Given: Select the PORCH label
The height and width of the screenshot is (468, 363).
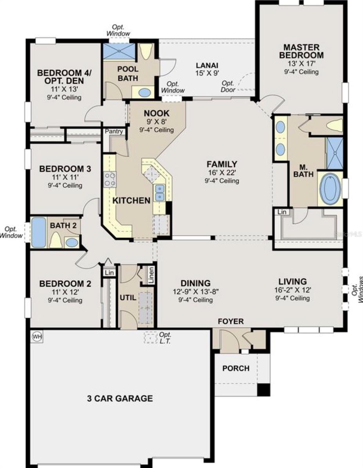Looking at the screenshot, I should tap(236, 368).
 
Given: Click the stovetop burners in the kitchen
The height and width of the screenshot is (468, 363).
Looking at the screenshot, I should tap(110, 179).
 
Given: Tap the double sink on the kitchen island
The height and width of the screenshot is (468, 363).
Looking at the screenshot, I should tap(159, 193).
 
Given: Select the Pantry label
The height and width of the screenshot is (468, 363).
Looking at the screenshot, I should tap(114, 131).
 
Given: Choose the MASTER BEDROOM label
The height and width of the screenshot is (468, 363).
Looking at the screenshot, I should tap(301, 51).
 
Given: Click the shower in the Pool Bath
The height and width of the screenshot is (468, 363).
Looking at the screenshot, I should tap(118, 51).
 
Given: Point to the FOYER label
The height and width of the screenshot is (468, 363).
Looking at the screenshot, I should tap(231, 321).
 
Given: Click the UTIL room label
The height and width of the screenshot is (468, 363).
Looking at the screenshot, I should tap(128, 298).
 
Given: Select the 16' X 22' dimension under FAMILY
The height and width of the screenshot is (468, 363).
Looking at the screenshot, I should tap(222, 173).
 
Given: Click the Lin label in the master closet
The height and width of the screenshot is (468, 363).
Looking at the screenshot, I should tap(281, 212).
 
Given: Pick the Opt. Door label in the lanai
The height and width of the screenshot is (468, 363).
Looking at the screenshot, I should tap(229, 87).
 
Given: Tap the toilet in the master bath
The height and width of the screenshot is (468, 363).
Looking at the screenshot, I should tap(334, 125).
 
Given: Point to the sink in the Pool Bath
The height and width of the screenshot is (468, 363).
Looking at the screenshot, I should tap(145, 93).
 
